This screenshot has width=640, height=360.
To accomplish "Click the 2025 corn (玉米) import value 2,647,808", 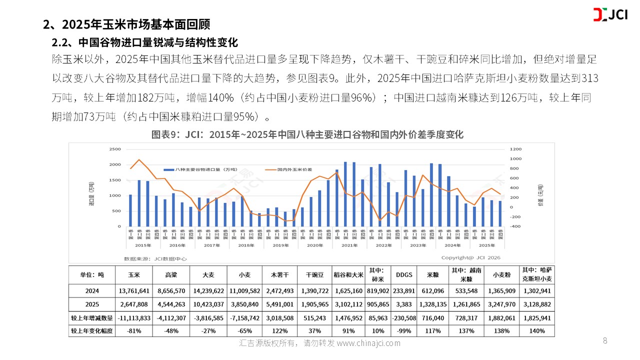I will pyautogui.click(x=132, y=303).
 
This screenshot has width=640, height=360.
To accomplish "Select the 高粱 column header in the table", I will pyautogui.click(x=170, y=274).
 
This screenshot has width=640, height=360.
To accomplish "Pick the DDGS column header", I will pyautogui.click(x=404, y=274).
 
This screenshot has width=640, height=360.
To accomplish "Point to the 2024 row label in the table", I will pyautogui.click(x=91, y=290).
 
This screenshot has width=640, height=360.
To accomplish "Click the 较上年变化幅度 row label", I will pyautogui.click(x=91, y=331).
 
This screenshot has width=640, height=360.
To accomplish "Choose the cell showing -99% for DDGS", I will pyautogui.click(x=404, y=331).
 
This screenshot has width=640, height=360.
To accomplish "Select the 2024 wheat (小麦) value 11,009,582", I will pyautogui.click(x=244, y=290).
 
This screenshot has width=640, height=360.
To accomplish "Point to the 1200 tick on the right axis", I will pyautogui.click(x=516, y=149).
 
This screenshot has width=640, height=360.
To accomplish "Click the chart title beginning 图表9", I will pyautogui.click(x=307, y=134).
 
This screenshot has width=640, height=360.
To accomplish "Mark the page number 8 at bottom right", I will pyautogui.click(x=605, y=341).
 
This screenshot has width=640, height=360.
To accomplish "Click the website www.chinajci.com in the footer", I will pyautogui.click(x=368, y=343).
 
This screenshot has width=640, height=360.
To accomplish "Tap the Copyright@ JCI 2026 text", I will pyautogui.click(x=470, y=257).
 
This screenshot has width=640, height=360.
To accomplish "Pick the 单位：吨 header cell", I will pyautogui.click(x=91, y=274).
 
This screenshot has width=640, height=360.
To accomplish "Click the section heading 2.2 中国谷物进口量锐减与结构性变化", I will pyautogui.click(x=145, y=41).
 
